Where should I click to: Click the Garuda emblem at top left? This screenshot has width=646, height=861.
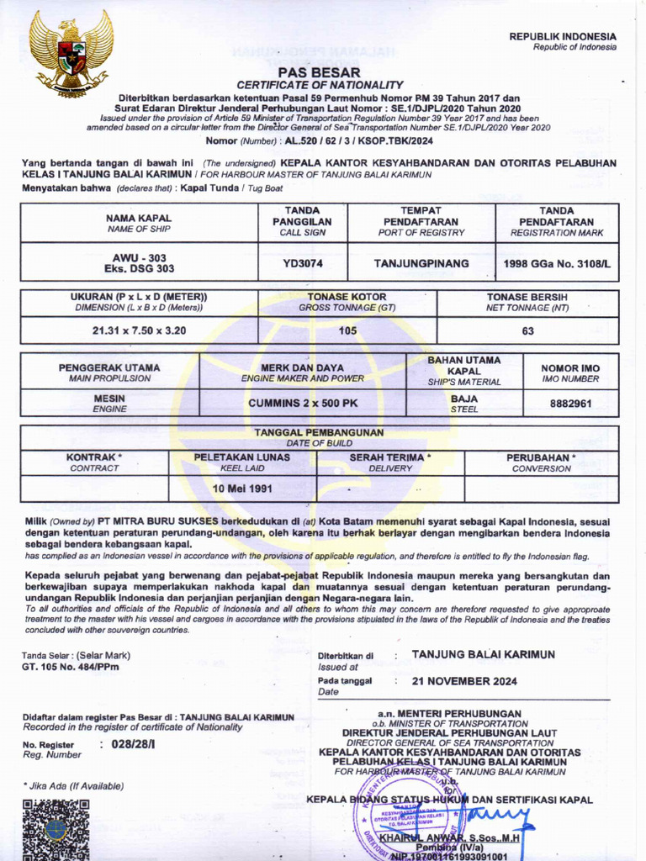click(71, 53)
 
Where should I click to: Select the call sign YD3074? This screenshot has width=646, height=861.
click(303, 264)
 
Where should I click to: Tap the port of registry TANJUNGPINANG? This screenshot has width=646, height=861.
click(421, 264)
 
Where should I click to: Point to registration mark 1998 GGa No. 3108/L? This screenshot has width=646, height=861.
click(557, 264)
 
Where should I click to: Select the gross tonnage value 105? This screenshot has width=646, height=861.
click(347, 330)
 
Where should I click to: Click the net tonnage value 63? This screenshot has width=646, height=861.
click(527, 330)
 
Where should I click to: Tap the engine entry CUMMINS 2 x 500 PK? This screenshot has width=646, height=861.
click(303, 404)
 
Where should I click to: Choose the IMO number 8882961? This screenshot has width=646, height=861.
click(570, 404)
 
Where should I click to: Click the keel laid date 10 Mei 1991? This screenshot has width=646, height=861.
click(242, 489)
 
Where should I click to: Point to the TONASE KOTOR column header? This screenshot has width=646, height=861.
click(347, 298)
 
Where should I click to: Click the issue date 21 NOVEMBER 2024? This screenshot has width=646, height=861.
click(464, 681)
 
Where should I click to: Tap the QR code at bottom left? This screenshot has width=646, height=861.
click(56, 829)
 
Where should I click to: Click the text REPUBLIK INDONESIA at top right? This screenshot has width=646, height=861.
click(563, 37)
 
